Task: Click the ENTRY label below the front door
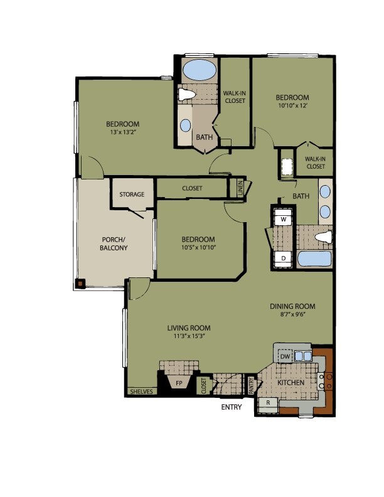tap(232, 407)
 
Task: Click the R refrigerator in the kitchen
tap(268, 402)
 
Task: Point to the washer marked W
tap(284, 220)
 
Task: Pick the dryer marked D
tap(284, 258)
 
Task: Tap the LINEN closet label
tap(240, 188)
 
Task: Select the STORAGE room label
tap(132, 195)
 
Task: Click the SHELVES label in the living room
tap(141, 392)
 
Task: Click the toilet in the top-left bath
tap(186, 95)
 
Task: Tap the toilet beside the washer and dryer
tap(323, 237)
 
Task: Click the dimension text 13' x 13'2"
tap(122, 133)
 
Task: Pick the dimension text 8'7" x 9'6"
tap(292, 316)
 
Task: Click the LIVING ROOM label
tap(188, 328)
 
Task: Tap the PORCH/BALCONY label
tap(114, 243)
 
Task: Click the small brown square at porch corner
tap(80, 283)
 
